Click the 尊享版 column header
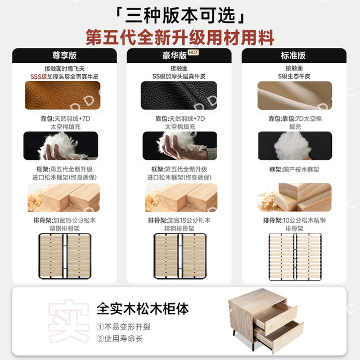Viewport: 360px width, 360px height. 64,55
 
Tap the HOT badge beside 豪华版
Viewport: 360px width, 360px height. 193,52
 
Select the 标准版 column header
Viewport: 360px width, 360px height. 293,55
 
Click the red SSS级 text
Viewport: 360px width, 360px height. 39,76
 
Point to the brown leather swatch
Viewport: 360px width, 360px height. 62,95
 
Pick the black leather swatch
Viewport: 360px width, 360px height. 179,95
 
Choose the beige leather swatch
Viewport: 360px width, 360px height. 295,95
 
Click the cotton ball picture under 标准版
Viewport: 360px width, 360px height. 295,146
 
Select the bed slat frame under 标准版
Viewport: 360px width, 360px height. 295,257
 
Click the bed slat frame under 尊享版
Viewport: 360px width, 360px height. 65,256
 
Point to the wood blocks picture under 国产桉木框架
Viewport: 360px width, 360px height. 294,197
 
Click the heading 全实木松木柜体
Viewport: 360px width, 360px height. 142,309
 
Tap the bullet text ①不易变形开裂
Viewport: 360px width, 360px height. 123,327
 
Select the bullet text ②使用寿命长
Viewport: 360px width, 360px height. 119,339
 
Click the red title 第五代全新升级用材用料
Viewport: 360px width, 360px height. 180,38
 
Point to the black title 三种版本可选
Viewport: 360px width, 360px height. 180,15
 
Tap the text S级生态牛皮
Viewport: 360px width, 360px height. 294,76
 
